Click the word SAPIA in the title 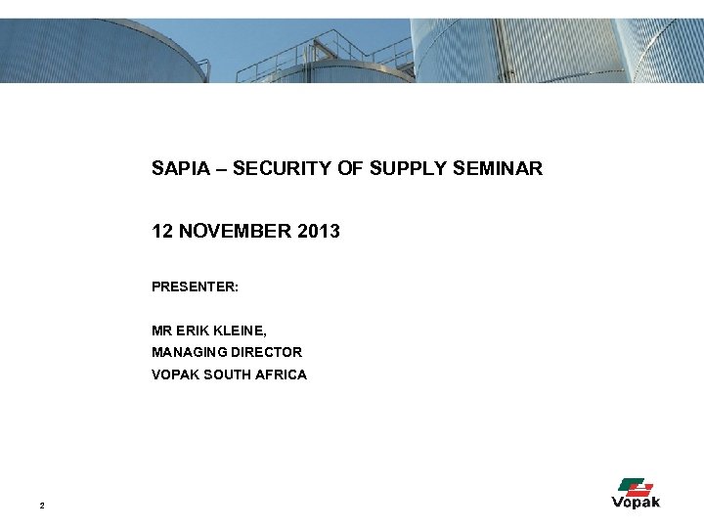point(177,169)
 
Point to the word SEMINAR point(497,169)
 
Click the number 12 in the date point(162,232)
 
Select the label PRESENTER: point(196,287)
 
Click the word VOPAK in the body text point(174,374)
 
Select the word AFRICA point(280,374)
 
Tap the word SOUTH point(225,374)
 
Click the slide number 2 point(41,506)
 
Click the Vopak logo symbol point(636,486)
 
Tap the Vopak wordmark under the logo point(636,503)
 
